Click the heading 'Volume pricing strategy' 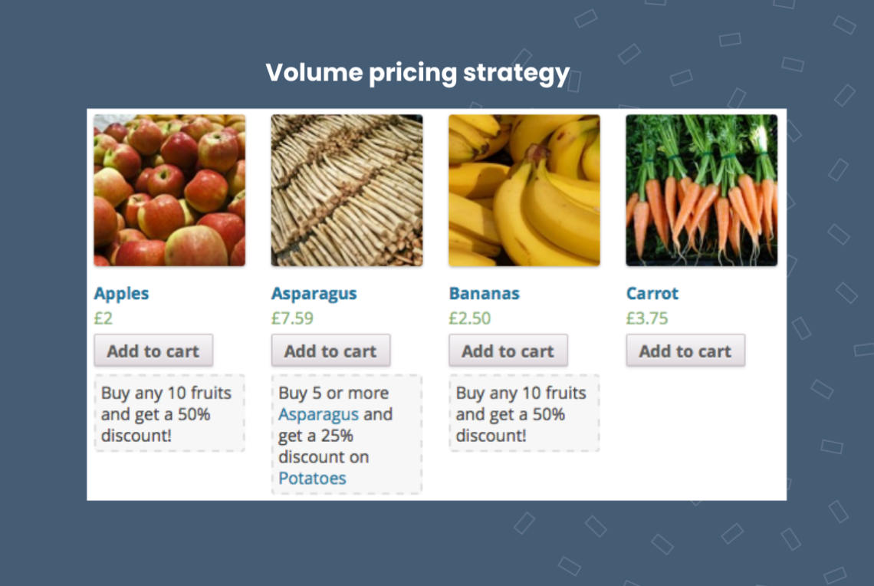click(x=417, y=74)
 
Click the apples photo click(x=169, y=190)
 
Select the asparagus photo click(x=347, y=190)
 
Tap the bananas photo click(x=524, y=190)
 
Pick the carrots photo click(x=701, y=190)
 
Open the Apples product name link click(x=121, y=294)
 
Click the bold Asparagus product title click(x=314, y=294)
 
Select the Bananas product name click(x=484, y=294)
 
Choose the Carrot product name click(x=652, y=294)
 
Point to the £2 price click(x=103, y=318)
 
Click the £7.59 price click(x=292, y=318)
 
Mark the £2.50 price click(x=469, y=318)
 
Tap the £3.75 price click(x=647, y=318)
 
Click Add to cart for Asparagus click(x=330, y=351)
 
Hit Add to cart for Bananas click(x=508, y=351)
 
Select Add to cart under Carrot click(x=685, y=351)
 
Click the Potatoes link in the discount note click(x=312, y=479)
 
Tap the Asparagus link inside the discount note click(x=318, y=415)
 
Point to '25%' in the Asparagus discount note click(x=337, y=436)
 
